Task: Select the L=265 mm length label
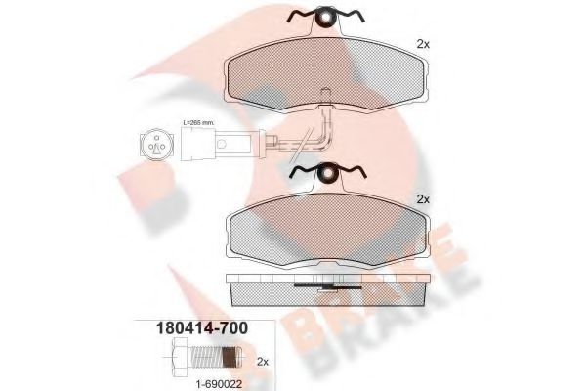click(x=198, y=122)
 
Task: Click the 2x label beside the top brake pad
click(x=423, y=44)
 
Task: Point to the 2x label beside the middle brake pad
click(x=423, y=199)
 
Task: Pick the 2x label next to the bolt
click(x=262, y=361)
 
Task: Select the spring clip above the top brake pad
click(x=325, y=18)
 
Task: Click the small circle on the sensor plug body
click(x=225, y=147)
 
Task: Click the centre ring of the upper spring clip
click(x=325, y=18)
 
